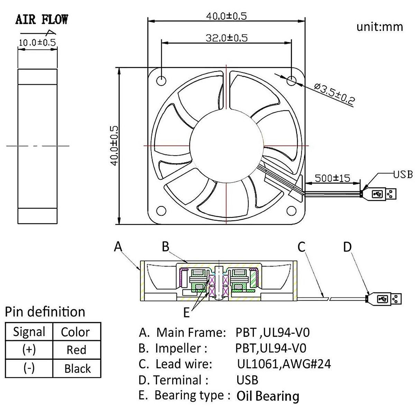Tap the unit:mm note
(379, 27)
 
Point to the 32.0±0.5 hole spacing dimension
(227, 38)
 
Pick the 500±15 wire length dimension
(332, 178)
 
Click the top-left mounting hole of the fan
(161, 80)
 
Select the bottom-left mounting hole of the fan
(161, 211)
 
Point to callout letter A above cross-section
(118, 247)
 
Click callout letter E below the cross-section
(187, 313)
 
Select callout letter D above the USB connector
(347, 247)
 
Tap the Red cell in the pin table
(76, 350)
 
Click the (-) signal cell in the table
(29, 368)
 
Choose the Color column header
(75, 332)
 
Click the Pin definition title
(45, 312)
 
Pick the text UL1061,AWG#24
(284, 364)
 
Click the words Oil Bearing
(268, 396)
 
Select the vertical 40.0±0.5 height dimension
(114, 145)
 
